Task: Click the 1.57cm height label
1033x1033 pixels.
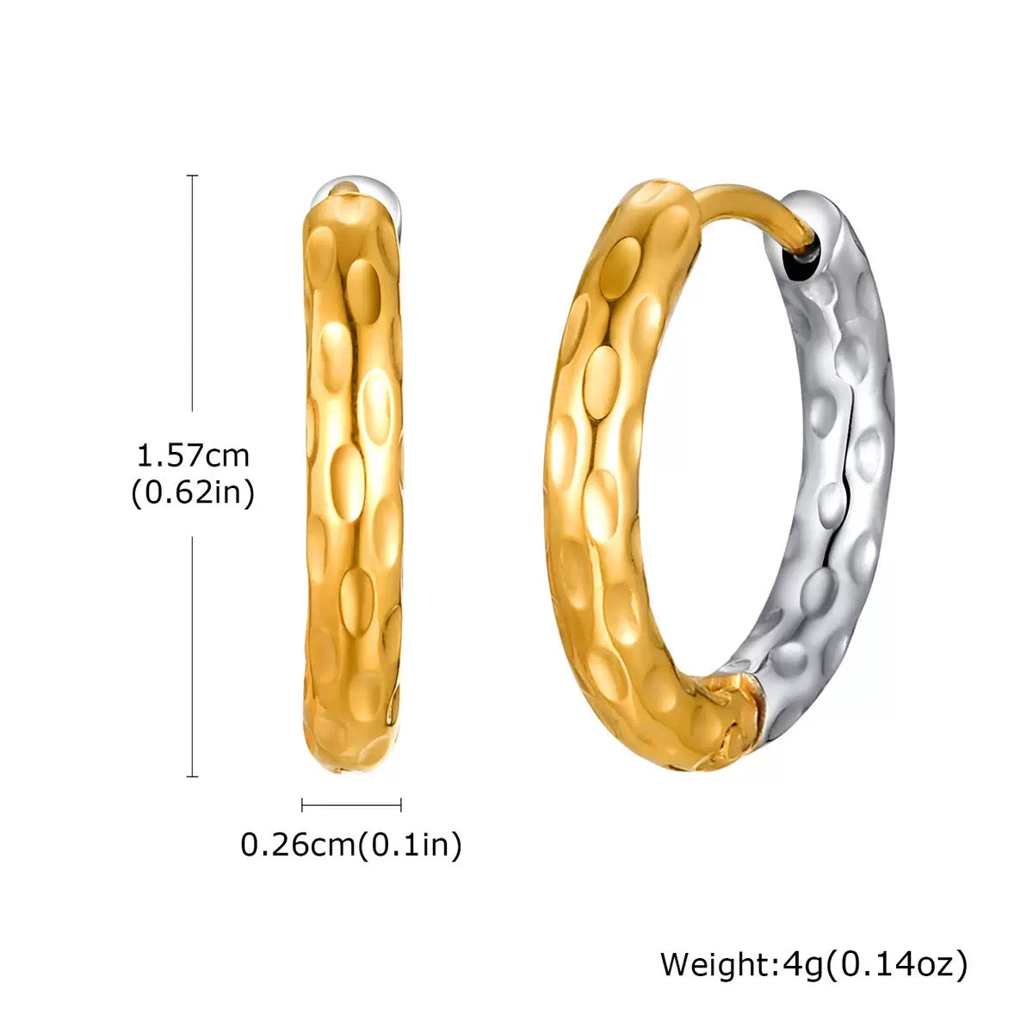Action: tap(193, 454)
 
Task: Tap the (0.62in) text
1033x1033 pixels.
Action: tap(193, 493)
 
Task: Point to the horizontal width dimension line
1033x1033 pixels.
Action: tap(351, 805)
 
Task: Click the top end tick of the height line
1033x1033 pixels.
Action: tap(193, 176)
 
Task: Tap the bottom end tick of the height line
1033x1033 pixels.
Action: tap(193, 776)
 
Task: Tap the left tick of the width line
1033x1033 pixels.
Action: tap(302, 805)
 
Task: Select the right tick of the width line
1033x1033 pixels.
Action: tap(401, 805)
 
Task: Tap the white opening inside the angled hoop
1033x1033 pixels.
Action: tap(723, 448)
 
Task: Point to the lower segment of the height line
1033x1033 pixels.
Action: tap(193, 654)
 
